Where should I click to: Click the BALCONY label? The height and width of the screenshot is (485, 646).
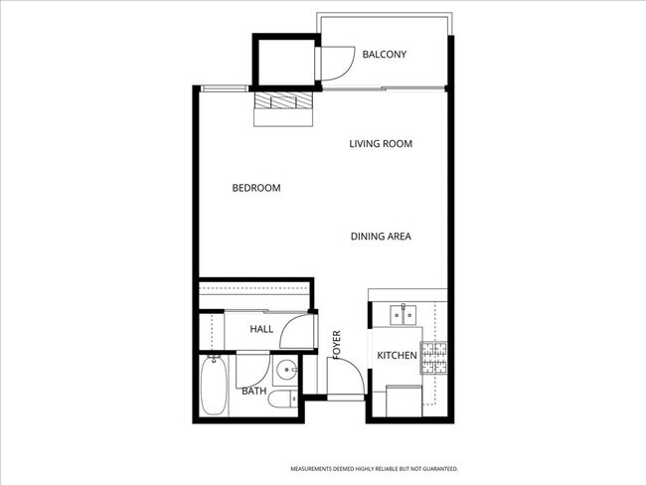click(x=385, y=55)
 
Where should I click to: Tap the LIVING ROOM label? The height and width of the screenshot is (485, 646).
click(x=380, y=144)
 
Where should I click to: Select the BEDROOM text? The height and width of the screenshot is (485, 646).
click(x=256, y=188)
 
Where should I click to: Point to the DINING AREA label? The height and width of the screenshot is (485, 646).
click(x=381, y=237)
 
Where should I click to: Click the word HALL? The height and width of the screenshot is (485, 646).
click(x=261, y=329)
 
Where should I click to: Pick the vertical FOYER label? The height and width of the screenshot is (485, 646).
click(x=337, y=344)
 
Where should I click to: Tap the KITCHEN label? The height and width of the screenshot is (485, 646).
click(x=396, y=356)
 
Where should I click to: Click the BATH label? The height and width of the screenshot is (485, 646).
click(x=254, y=392)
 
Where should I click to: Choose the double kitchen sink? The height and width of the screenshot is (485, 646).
click(x=404, y=316)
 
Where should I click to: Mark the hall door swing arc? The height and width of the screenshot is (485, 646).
click(x=296, y=333)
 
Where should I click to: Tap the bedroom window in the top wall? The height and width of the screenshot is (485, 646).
click(x=225, y=88)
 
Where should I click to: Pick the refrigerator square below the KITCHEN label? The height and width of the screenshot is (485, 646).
click(x=403, y=402)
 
